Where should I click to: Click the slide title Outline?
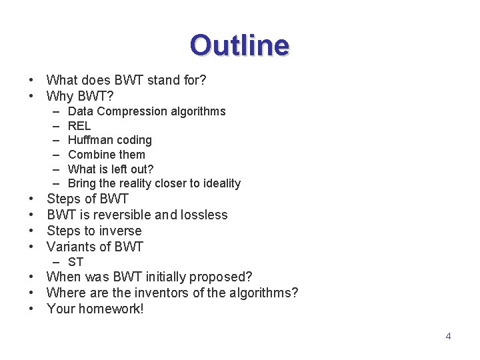pos(239,45)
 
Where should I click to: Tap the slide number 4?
pos(448,336)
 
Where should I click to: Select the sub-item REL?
pos(79,126)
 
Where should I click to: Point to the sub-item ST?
pos(75,262)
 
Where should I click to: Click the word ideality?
pos(217,183)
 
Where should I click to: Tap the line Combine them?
pos(106,155)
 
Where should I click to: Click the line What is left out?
pos(111,169)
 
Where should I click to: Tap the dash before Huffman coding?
pos(53,140)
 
